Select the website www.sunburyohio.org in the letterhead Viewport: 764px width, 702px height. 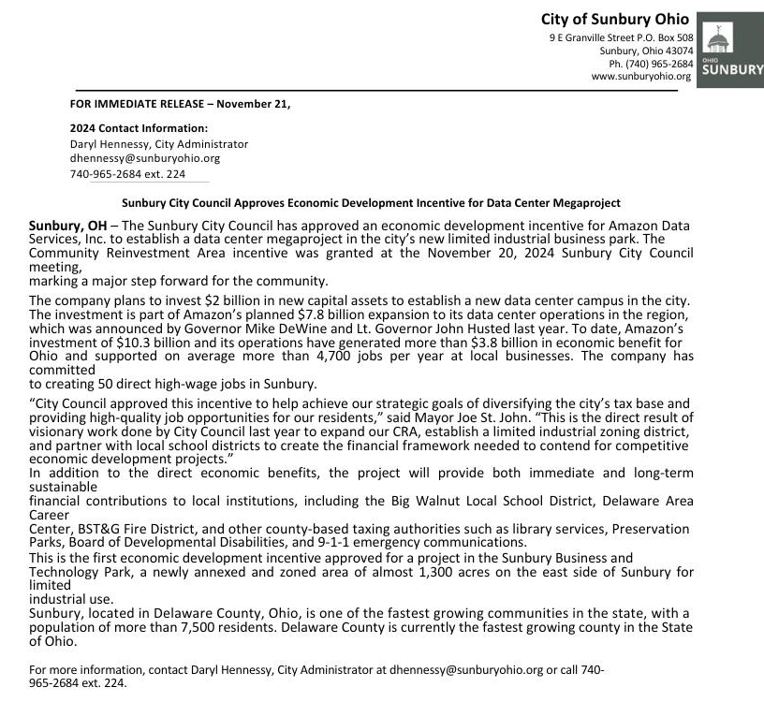pos(641,77)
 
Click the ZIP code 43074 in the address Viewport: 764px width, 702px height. pos(677,51)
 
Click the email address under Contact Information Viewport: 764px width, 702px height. pos(145,159)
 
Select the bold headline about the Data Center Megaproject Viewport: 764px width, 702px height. pos(371,202)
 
